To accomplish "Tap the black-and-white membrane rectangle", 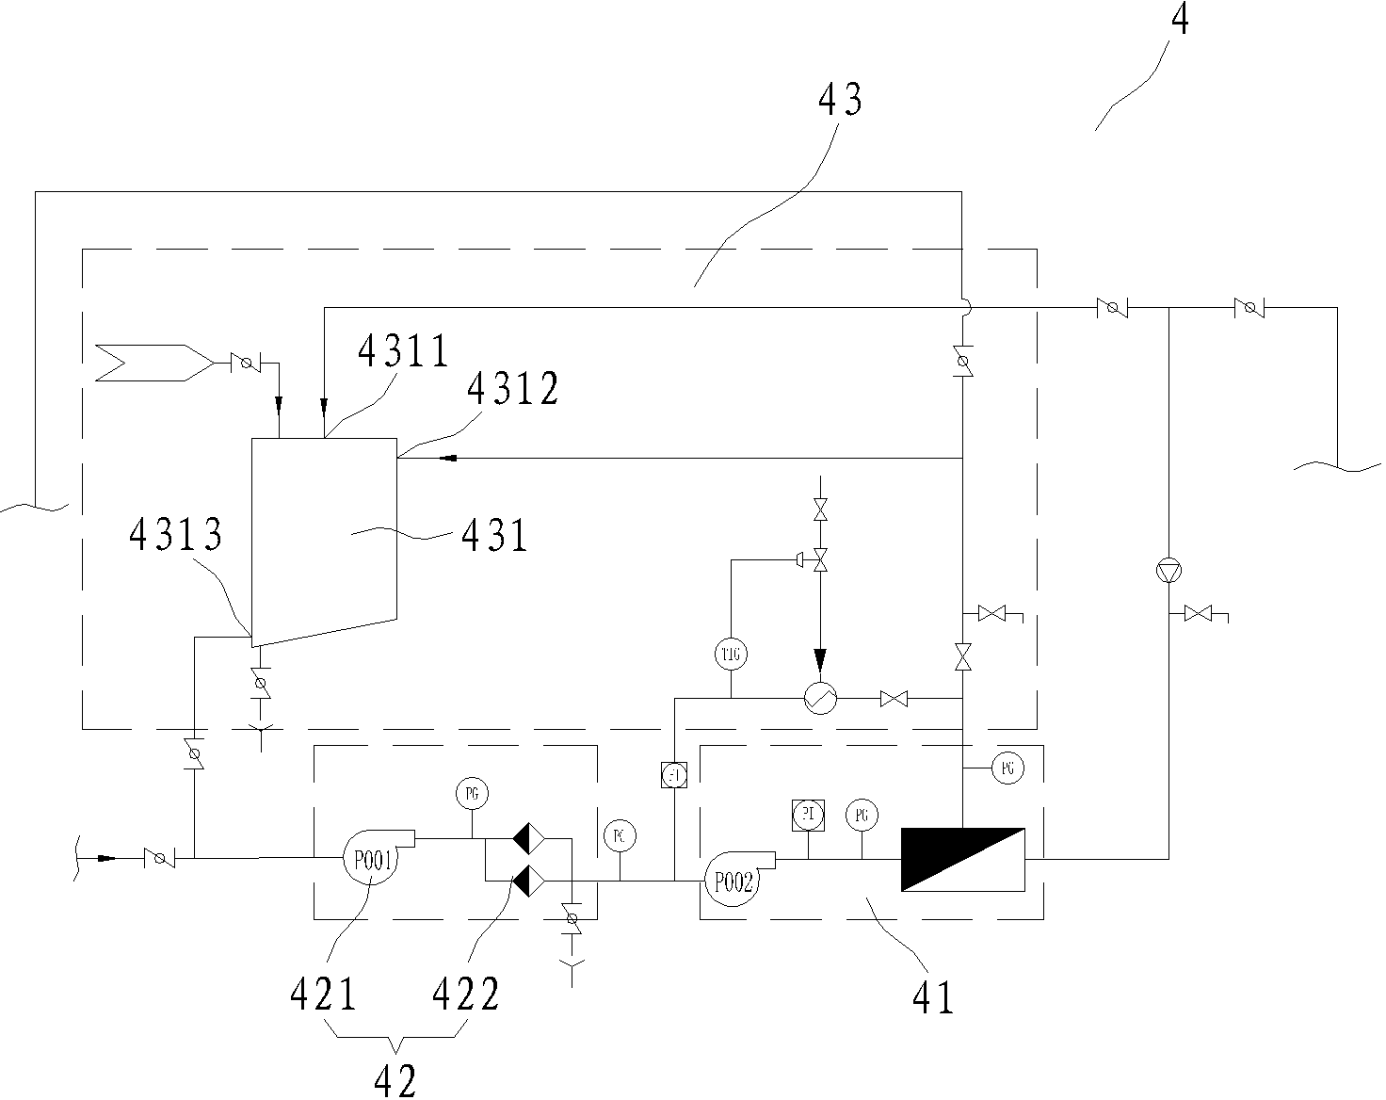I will click(963, 859).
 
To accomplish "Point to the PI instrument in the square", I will click(807, 814).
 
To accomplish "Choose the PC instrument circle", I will click(619, 835).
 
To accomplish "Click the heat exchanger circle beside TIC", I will click(820, 698).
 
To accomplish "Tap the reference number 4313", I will click(175, 535).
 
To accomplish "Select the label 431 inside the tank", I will click(494, 536).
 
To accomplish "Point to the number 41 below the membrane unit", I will click(933, 997).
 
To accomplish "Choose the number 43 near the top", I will click(841, 100).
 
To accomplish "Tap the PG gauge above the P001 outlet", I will click(472, 793).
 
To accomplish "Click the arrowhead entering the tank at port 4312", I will click(449, 458).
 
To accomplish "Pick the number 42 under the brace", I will click(395, 1080).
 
